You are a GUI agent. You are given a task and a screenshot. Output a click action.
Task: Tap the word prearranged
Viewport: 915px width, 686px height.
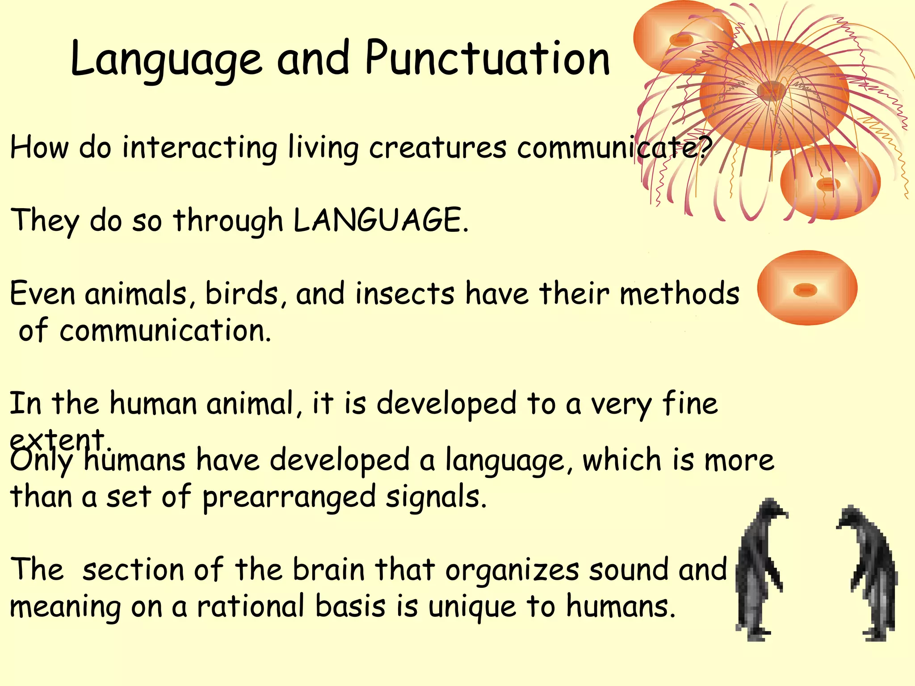[289, 498]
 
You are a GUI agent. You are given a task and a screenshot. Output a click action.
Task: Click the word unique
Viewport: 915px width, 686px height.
[472, 608]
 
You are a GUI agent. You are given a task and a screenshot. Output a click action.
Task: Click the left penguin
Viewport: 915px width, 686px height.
[759, 569]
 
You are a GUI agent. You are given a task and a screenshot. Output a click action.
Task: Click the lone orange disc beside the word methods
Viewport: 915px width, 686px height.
[807, 288]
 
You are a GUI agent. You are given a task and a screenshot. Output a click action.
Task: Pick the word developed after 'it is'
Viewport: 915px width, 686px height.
[446, 404]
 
